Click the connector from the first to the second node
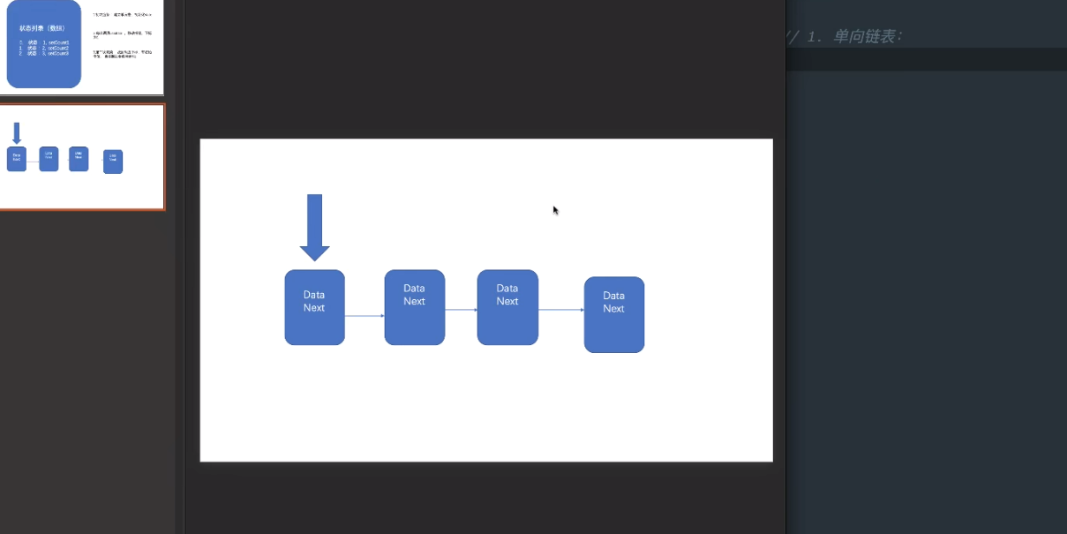(x=364, y=315)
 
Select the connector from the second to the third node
(x=461, y=310)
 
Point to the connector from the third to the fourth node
(x=561, y=310)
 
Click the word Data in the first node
(x=314, y=295)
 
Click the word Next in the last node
(x=614, y=308)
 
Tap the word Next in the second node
(x=415, y=301)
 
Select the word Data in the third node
(x=507, y=288)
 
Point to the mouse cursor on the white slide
(x=555, y=210)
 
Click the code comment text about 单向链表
(x=852, y=36)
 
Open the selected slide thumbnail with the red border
(x=82, y=156)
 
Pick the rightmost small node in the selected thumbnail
(x=113, y=162)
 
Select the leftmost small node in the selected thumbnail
(x=17, y=159)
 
